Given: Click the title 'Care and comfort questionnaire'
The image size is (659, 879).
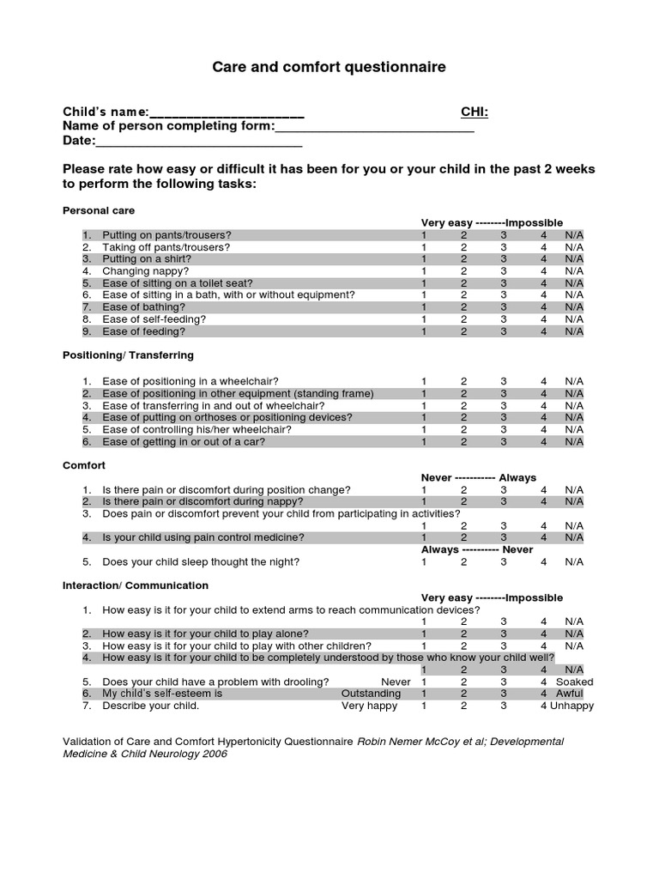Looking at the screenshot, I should click(329, 67).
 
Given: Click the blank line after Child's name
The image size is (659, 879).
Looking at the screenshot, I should click(227, 114).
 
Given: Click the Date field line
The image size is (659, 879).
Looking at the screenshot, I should click(198, 143).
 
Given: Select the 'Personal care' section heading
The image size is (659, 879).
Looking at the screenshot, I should click(99, 210).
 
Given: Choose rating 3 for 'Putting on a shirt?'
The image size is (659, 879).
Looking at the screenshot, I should click(504, 258).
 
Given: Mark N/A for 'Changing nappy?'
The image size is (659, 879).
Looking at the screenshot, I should click(573, 270).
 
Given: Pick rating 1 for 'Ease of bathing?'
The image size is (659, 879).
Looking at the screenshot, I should click(423, 306).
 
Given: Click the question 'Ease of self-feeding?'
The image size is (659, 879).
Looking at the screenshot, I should click(154, 318).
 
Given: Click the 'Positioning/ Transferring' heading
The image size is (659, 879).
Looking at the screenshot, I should click(128, 355).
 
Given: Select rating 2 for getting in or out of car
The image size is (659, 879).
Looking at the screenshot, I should click(463, 442).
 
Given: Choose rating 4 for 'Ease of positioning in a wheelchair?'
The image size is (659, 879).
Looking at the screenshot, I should click(543, 381).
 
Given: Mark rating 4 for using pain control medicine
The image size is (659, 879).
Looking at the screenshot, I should click(543, 537).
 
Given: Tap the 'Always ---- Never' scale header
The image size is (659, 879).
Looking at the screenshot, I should click(476, 549).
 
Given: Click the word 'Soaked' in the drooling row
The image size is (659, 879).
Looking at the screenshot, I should click(574, 682).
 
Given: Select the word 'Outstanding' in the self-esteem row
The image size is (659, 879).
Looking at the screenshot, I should click(371, 694).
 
